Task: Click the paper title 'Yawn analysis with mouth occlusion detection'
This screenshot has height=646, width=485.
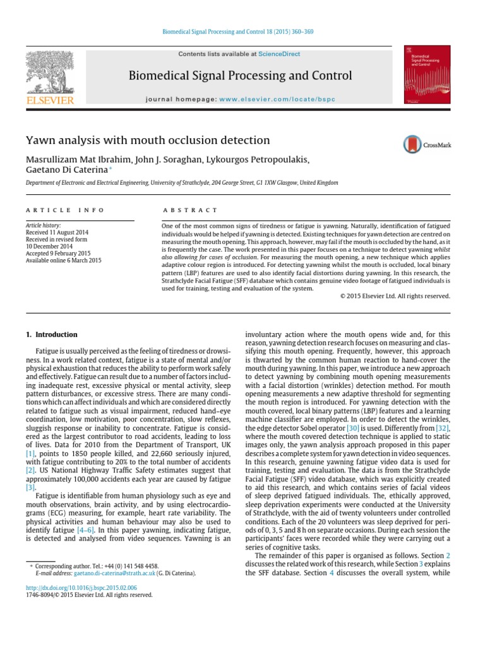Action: click(x=147, y=141)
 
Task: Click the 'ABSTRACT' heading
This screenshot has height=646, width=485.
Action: click(x=190, y=210)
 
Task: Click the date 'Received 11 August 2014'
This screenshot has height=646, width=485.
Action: click(x=57, y=232)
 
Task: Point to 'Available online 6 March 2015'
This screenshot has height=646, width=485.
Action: click(x=63, y=260)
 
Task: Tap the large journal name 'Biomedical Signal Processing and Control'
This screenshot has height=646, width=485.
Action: click(x=240, y=76)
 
